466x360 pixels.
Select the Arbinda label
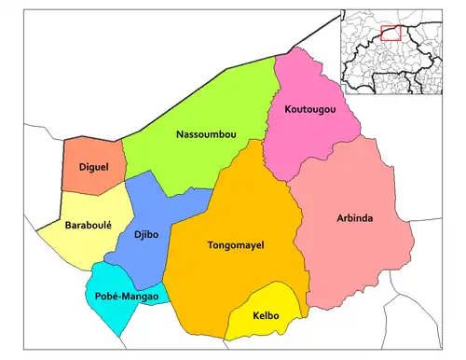point(354,218)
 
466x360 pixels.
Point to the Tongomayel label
point(235,245)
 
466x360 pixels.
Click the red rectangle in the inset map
point(391,33)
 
